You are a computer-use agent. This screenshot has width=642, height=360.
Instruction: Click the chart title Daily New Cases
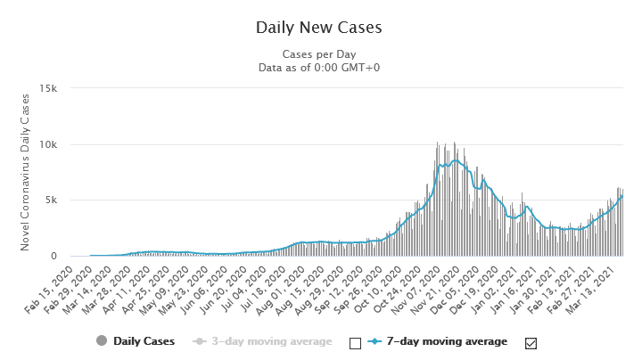click(x=318, y=27)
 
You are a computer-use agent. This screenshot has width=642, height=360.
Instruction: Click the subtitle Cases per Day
click(x=318, y=53)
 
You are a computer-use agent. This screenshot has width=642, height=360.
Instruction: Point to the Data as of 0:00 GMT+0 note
click(x=318, y=67)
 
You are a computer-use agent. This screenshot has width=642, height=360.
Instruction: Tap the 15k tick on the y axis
click(x=48, y=88)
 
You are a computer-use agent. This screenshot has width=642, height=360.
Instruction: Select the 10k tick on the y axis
click(x=48, y=144)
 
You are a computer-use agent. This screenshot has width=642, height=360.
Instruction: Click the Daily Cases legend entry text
click(x=144, y=341)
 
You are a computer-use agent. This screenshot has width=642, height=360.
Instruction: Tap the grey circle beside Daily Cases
click(x=101, y=341)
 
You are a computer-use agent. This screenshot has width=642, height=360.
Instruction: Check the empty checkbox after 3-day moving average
click(x=356, y=342)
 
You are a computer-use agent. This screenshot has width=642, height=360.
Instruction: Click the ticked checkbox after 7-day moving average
click(x=532, y=342)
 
